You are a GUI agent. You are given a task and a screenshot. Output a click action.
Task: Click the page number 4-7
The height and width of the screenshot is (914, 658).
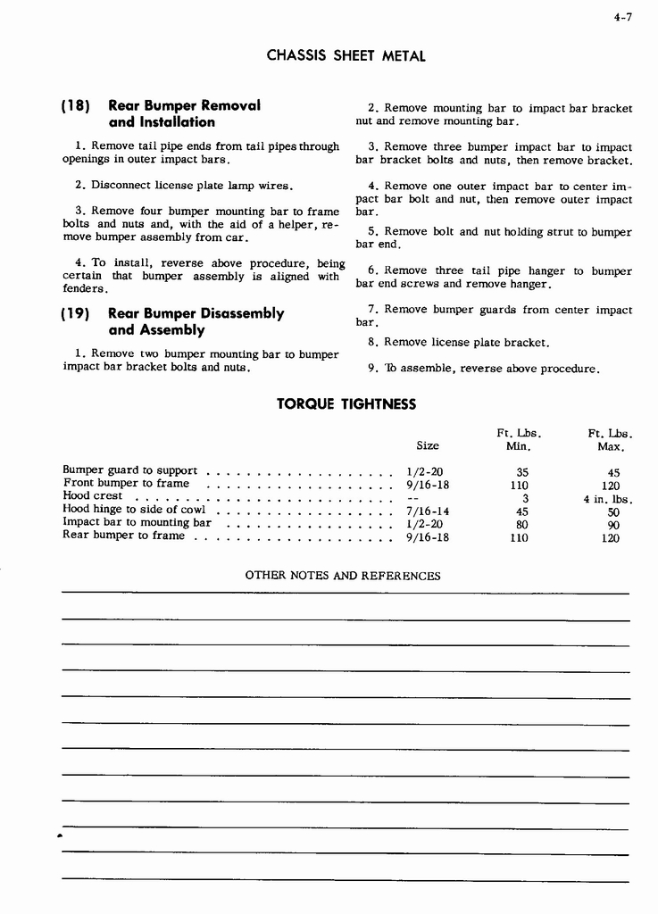tap(623, 13)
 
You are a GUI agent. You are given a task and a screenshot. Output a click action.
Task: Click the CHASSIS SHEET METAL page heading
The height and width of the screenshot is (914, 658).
tap(346, 55)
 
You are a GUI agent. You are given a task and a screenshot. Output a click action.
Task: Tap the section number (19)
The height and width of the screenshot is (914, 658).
tap(77, 313)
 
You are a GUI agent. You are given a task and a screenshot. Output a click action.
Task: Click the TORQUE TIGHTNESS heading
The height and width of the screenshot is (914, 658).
tap(346, 403)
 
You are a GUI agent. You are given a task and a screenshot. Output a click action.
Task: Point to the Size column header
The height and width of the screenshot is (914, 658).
tap(428, 445)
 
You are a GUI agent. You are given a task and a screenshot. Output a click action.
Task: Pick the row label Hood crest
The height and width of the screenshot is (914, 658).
tap(93, 496)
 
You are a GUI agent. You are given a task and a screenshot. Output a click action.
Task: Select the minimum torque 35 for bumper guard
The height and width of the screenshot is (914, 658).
tap(523, 473)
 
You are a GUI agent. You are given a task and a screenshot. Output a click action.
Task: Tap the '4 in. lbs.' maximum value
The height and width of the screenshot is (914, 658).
tap(607, 499)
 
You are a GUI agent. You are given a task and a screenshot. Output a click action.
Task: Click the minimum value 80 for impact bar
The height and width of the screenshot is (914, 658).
tap(523, 525)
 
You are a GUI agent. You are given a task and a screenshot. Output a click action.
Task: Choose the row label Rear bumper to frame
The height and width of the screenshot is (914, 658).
tap(124, 536)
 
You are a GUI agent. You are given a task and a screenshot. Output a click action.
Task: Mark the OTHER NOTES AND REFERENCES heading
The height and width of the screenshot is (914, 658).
tap(343, 576)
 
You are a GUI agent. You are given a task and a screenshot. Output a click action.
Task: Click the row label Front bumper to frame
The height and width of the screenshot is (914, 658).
tap(126, 484)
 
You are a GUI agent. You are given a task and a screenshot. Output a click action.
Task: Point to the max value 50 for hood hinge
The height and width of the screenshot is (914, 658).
tap(613, 512)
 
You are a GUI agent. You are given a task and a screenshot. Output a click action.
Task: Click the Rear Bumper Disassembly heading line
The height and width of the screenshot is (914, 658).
tap(196, 313)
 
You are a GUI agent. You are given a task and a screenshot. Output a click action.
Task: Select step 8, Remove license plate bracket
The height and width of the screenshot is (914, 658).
tap(458, 342)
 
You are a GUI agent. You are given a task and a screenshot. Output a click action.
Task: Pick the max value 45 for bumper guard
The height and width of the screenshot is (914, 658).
tap(613, 473)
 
